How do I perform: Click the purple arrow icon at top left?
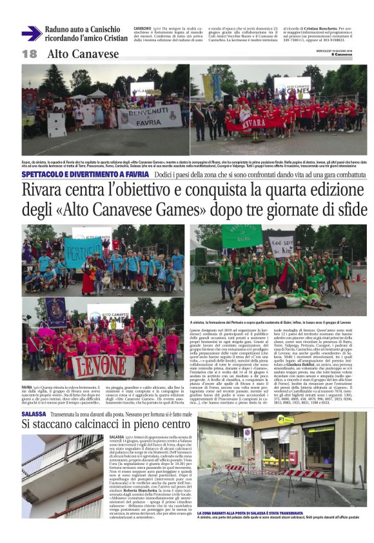31,34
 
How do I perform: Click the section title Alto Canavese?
83,54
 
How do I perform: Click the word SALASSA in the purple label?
34,395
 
